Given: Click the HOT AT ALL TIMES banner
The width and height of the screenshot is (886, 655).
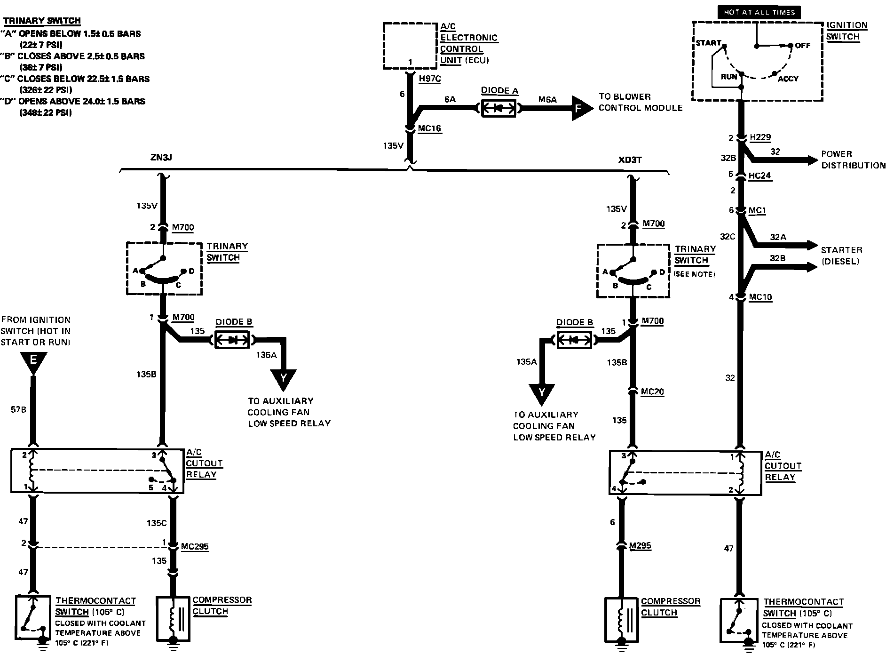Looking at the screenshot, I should (x=759, y=13).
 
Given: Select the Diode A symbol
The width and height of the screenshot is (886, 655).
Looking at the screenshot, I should (x=499, y=108).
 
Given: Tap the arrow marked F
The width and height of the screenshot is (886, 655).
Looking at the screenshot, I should (x=581, y=108).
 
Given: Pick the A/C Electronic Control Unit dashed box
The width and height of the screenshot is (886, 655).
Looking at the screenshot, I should (x=410, y=46).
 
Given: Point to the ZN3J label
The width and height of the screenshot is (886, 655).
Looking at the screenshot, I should (x=161, y=158).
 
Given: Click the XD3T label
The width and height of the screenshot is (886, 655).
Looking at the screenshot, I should (x=630, y=160).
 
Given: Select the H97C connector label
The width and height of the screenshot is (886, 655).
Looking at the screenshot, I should (x=430, y=79).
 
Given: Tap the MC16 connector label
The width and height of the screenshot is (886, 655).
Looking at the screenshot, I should (x=430, y=128).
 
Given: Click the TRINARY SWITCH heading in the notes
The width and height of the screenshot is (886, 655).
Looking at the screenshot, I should (x=42, y=21).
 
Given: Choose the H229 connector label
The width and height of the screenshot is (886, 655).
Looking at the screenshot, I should (x=760, y=137).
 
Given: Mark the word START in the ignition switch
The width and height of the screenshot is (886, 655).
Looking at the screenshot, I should (x=708, y=43).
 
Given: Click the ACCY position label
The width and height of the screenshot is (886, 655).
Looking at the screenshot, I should (x=788, y=79).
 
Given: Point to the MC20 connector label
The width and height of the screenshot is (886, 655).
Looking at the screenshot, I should (x=652, y=391).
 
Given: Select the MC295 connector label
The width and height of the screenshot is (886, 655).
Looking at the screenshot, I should (x=195, y=547).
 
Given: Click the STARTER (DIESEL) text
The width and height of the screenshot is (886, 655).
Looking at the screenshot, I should (x=841, y=256).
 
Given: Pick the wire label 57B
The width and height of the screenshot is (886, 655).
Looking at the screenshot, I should (x=18, y=410).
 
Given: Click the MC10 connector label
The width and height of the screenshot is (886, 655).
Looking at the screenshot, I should (x=760, y=297).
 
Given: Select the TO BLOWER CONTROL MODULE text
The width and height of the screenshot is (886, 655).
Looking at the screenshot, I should (x=640, y=102).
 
